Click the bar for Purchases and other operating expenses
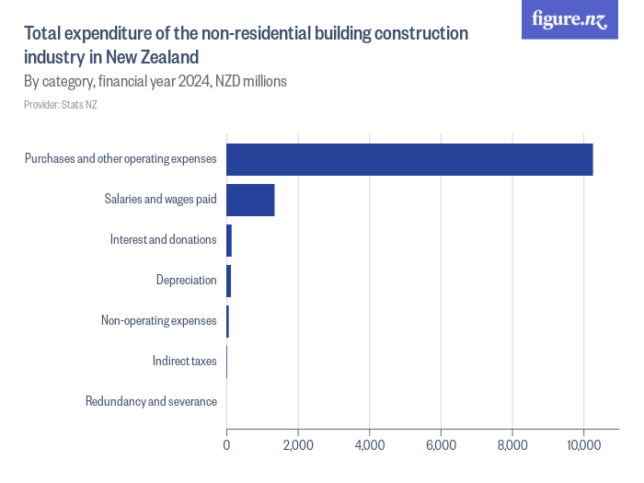pyautogui.click(x=409, y=159)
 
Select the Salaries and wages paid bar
pyautogui.click(x=250, y=200)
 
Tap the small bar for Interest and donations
pyautogui.click(x=229, y=240)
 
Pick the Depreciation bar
pyautogui.click(x=229, y=281)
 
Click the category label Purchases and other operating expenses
pyautogui.click(x=121, y=159)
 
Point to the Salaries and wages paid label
pyautogui.click(x=160, y=200)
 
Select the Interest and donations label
pyautogui.click(x=163, y=240)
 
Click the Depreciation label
pyautogui.click(x=186, y=281)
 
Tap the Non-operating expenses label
pyautogui.click(x=158, y=321)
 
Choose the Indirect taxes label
pyautogui.click(x=184, y=361)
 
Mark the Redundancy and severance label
pyautogui.click(x=151, y=401)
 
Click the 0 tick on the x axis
pyautogui.click(x=226, y=446)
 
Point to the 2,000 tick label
pyautogui.click(x=298, y=446)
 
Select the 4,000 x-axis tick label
pyautogui.click(x=369, y=446)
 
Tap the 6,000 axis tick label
pyautogui.click(x=441, y=446)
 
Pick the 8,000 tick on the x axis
pyautogui.click(x=512, y=446)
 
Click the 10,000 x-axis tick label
pyautogui.click(x=583, y=446)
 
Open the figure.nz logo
pyautogui.click(x=569, y=19)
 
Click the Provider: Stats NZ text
pyautogui.click(x=61, y=105)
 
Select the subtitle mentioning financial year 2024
pyautogui.click(x=155, y=81)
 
